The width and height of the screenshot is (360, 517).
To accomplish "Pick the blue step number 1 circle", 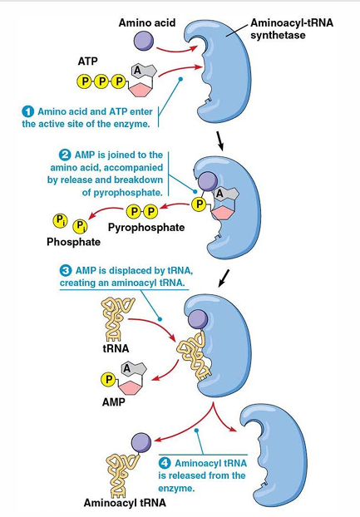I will click(x=29, y=111).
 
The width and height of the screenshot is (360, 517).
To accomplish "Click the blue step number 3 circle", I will click(x=65, y=270).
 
